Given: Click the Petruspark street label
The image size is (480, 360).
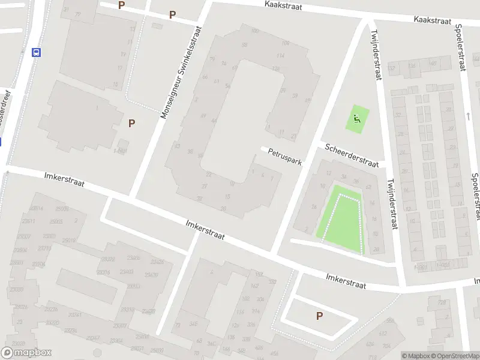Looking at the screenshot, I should point(285,157).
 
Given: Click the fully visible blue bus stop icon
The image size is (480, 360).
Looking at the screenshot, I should point(37,52).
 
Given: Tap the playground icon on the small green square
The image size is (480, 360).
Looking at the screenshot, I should point(358,118).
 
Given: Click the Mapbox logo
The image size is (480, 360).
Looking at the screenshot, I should point(26,353).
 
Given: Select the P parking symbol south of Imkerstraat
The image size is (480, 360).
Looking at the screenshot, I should point(319,316).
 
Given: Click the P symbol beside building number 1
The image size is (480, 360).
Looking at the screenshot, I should point(131,123).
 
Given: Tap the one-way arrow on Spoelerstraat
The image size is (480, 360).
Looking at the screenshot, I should point(468,116).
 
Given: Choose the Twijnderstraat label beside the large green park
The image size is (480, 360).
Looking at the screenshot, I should point(392,204).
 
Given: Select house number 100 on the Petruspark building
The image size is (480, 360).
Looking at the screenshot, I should point(255,31).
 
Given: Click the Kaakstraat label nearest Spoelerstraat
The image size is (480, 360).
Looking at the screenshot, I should point(432,20).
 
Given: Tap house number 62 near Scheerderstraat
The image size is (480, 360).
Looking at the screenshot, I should point(368,187).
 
